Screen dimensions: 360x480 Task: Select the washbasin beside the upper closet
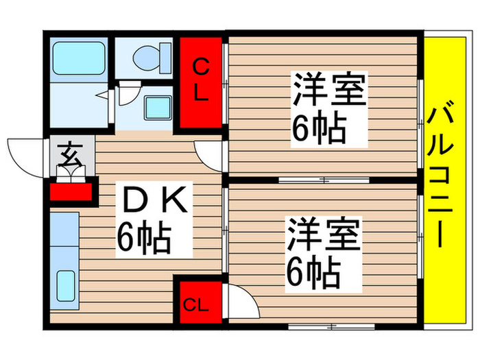point(158,107)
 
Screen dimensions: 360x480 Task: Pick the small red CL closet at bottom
point(198,302)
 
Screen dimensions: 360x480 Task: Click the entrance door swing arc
point(26,155)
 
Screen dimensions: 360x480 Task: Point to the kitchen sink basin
point(65,285)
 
